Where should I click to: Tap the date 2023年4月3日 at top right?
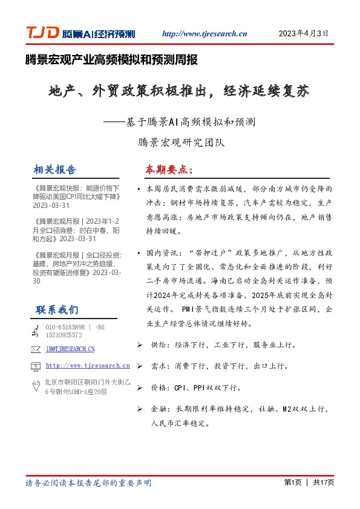303,34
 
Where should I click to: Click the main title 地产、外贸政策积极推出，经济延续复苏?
179,92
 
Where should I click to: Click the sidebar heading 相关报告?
55,169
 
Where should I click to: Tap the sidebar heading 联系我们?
56,310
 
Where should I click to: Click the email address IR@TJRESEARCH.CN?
70,349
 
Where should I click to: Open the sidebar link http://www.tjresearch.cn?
88,366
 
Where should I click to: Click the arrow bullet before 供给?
140,346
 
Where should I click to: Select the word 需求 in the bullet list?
158,366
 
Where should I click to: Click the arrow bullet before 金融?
140,409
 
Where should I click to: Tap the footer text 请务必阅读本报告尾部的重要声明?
88,483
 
